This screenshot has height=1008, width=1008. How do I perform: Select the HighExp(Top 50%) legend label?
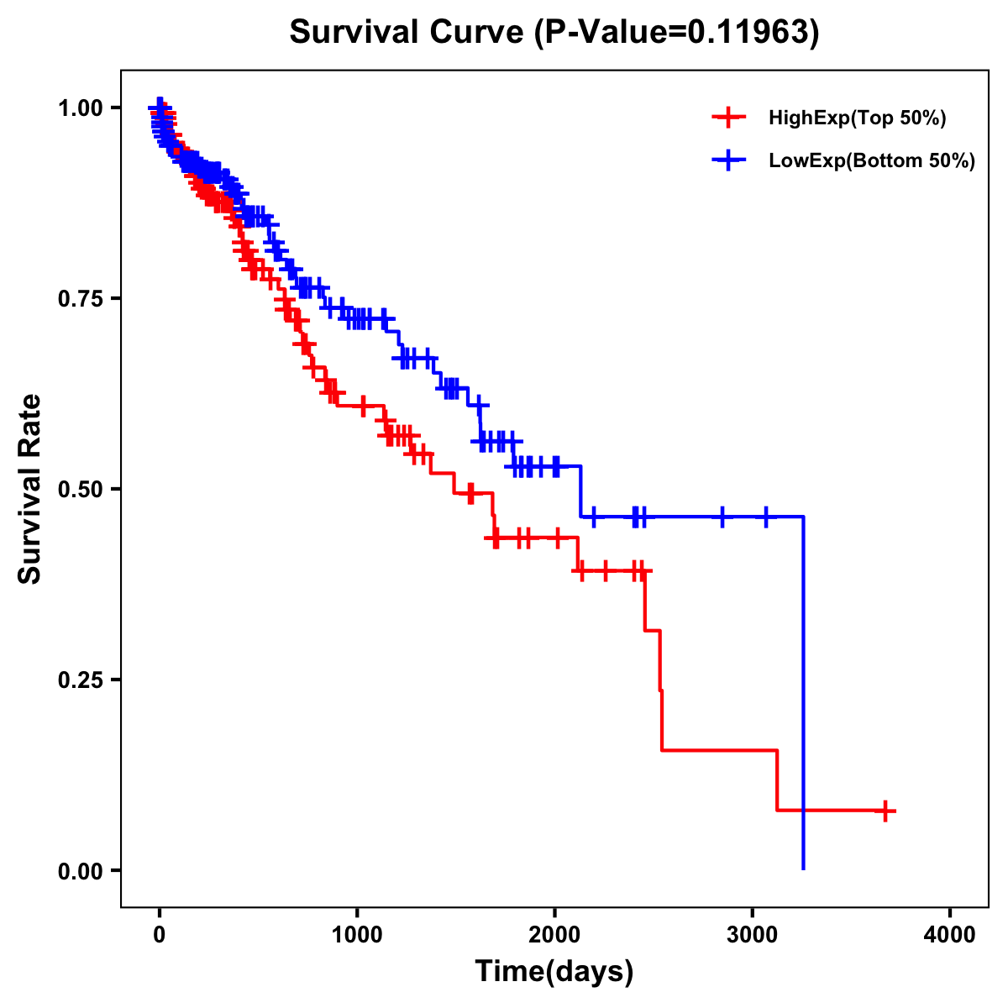click(x=857, y=118)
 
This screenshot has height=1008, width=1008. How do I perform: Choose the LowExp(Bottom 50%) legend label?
click(x=872, y=161)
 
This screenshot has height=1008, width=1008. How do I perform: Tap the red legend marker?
click(x=728, y=118)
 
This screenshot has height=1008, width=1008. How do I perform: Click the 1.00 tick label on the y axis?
click(x=81, y=108)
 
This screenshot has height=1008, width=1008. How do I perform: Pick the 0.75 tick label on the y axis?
click(x=81, y=298)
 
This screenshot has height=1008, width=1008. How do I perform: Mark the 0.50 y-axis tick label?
click(x=81, y=489)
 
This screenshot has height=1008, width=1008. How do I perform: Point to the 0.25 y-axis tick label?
click(x=81, y=680)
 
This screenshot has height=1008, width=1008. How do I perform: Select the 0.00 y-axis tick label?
click(x=81, y=870)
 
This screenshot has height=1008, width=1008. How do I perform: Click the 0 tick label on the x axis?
click(x=160, y=935)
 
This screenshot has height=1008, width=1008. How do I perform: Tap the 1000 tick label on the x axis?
click(x=357, y=935)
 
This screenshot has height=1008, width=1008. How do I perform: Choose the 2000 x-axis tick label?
click(x=554, y=935)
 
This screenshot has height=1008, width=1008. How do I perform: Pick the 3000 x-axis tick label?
click(x=753, y=935)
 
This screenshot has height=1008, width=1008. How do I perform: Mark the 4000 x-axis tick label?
click(x=950, y=935)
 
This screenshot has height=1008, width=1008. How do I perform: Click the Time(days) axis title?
click(x=554, y=972)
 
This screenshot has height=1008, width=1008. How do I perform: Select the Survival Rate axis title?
click(x=30, y=489)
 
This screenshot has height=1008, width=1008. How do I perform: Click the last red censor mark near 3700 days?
click(x=885, y=811)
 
